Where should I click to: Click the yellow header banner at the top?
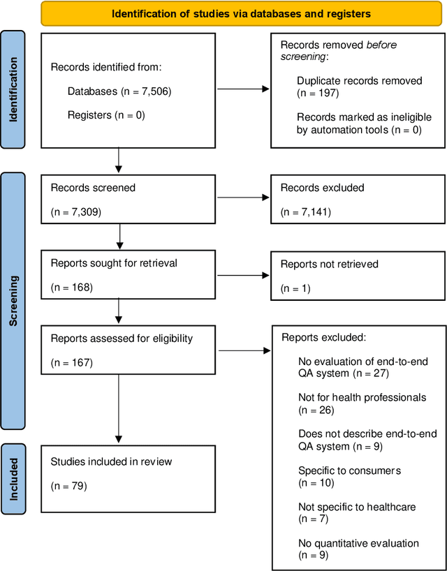(241, 13)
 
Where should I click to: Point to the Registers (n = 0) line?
(106, 114)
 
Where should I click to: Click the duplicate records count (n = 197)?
(319, 93)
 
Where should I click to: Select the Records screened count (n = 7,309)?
(76, 211)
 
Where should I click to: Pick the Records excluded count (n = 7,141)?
(305, 211)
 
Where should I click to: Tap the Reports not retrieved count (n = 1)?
(295, 287)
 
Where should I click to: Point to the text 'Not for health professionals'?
(362, 397)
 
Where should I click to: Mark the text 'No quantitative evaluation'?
(358, 542)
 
